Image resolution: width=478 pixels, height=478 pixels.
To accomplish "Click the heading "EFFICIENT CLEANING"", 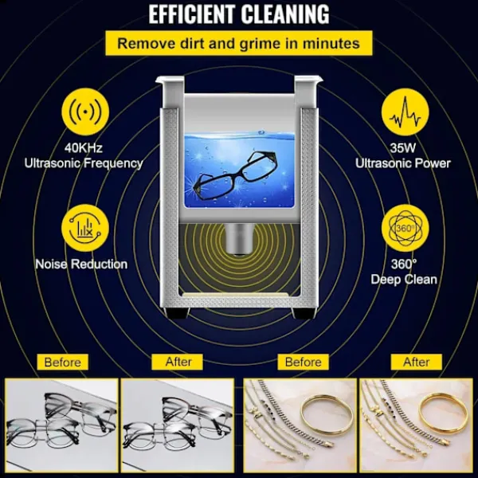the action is point(239,14).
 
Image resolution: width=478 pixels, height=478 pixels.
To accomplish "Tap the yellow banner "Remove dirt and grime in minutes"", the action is point(239,43).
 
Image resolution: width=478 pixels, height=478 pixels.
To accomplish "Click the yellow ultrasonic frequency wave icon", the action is point(85,112).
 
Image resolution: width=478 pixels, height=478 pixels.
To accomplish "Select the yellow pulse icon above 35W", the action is point(406,112).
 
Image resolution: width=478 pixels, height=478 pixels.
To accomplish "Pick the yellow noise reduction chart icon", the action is point(85,229).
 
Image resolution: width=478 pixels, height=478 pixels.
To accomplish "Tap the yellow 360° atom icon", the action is point(406,229).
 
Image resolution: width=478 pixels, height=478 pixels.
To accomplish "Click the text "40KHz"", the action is point(83,148).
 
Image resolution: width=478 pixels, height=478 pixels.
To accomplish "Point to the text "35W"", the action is point(402,148).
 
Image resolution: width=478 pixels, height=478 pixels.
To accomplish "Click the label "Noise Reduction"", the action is point(81,264).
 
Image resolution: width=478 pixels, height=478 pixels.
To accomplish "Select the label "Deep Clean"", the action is point(404,280).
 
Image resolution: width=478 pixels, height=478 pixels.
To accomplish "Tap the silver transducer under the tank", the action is point(238,240).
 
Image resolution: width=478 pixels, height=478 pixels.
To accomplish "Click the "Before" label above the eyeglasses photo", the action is point(62,362).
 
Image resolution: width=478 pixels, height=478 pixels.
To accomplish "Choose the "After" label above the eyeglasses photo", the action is point(178,362).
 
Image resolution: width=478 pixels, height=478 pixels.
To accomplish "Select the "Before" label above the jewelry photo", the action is point(304,362).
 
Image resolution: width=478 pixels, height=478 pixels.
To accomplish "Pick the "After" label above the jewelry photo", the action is point(417,362).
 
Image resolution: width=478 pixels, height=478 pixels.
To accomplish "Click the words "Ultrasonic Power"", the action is point(402,163).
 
